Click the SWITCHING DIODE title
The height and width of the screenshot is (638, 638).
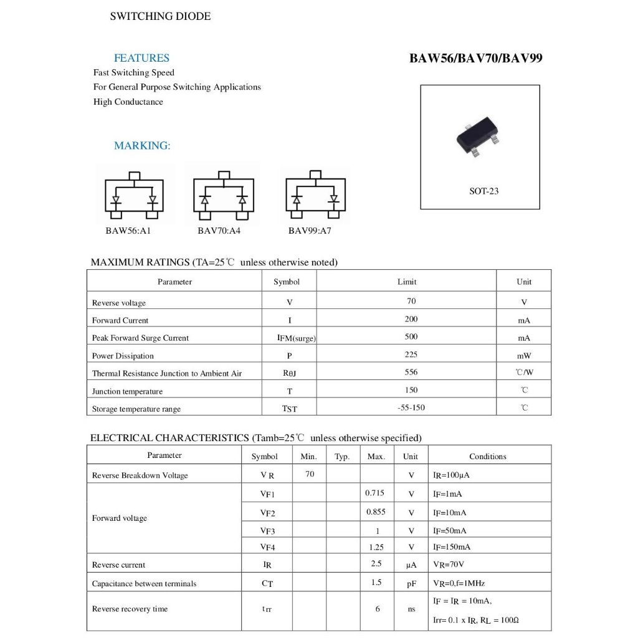tap(160, 17)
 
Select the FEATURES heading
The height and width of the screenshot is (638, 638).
tap(141, 58)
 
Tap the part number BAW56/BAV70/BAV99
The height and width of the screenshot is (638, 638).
tap(475, 59)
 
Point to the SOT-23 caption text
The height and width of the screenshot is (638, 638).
tap(483, 191)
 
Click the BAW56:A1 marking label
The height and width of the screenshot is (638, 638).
tap(128, 231)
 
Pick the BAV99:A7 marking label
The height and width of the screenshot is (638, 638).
tap(310, 231)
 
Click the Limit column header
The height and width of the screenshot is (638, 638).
tap(407, 282)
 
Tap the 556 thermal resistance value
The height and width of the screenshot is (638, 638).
tap(411, 372)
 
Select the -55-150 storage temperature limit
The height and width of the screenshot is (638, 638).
tap(411, 407)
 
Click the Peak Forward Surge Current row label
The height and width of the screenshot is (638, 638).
tap(140, 338)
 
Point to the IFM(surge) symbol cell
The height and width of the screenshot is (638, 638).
tap(297, 338)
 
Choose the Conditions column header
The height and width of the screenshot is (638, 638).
tap(487, 456)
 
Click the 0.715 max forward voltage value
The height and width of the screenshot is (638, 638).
tap(374, 493)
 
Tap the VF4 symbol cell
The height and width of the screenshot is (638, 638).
tap(267, 547)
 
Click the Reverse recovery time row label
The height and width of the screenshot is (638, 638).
tap(130, 609)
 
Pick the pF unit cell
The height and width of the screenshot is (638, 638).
tap(411, 584)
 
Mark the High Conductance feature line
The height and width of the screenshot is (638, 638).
tap(128, 102)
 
